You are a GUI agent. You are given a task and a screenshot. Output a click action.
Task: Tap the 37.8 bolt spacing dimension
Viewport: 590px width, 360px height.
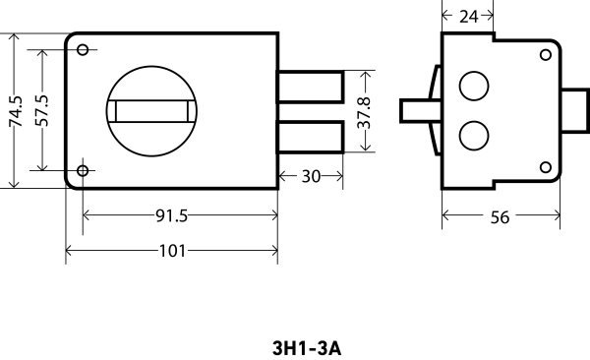point(364,111)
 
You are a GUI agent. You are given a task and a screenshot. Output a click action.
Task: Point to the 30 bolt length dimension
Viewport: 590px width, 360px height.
point(311,177)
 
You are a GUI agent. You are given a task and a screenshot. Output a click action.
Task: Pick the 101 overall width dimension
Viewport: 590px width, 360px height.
point(172,251)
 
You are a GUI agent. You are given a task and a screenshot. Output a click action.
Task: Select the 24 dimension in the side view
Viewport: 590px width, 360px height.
point(467,16)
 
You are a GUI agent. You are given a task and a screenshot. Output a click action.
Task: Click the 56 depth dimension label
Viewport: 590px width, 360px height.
point(500,217)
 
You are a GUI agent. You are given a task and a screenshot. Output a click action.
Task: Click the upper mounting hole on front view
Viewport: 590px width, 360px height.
point(83,50)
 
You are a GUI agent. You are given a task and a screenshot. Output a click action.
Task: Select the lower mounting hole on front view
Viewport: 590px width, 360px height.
point(83,171)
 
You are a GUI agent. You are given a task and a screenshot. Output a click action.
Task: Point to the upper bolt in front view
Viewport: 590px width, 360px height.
point(310,87)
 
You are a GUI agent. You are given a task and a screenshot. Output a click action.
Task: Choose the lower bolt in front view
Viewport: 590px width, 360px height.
point(310,137)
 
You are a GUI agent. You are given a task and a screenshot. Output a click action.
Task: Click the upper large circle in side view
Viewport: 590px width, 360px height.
point(474,86)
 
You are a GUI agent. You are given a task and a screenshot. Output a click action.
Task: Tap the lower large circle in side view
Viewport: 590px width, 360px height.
point(474,136)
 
